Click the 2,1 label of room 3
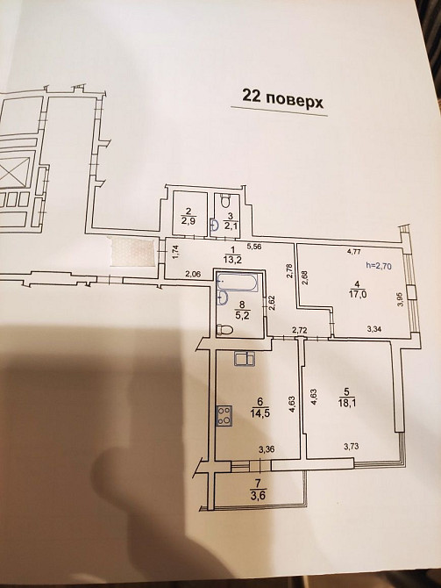click(x=229, y=226)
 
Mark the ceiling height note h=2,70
click(x=381, y=267)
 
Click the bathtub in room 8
click(x=235, y=284)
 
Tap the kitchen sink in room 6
click(x=245, y=358)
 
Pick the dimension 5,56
click(x=256, y=247)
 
